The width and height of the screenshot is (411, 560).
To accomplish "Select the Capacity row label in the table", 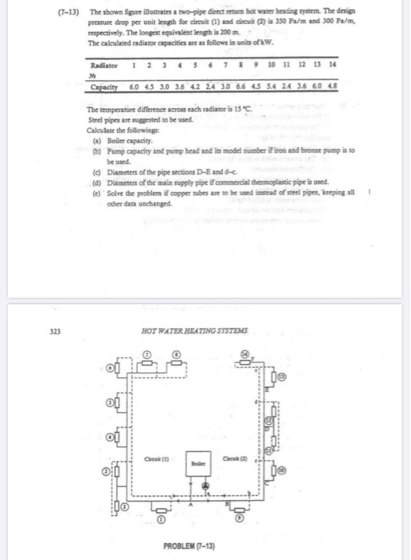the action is point(105,86).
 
